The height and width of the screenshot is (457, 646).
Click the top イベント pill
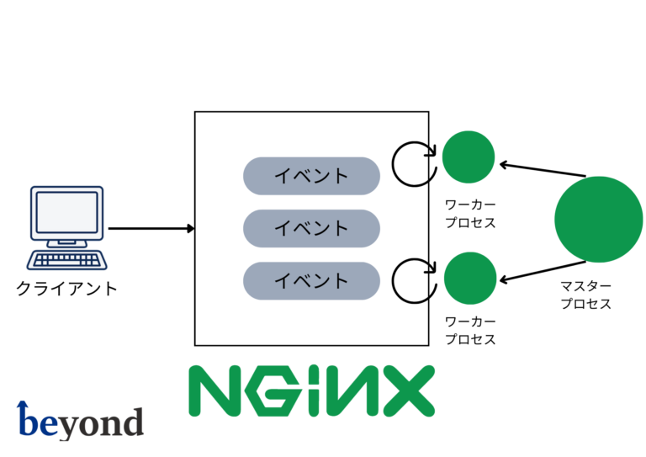311,176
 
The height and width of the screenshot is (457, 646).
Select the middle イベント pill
311,228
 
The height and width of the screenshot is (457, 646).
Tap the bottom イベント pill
311,280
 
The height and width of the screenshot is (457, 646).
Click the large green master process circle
598,219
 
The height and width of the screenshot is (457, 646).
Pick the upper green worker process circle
469,157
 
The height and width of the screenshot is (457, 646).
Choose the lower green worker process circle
469,279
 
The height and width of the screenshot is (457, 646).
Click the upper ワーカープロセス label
470,214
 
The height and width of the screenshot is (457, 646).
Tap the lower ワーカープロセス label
470,331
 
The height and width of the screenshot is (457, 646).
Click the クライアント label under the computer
67,289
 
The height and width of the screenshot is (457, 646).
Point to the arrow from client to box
151,228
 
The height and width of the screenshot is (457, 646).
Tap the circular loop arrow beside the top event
415,162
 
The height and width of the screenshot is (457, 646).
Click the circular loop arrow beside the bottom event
415,279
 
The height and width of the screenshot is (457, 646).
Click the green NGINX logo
310,391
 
